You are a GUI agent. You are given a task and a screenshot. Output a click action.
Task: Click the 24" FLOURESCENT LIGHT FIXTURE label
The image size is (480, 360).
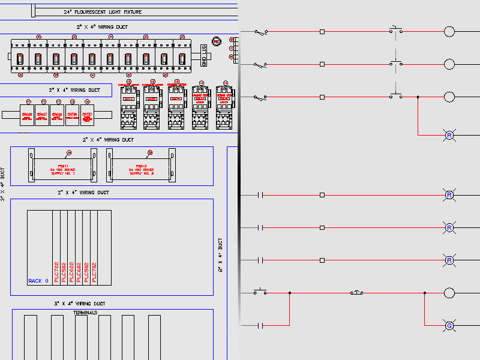103,11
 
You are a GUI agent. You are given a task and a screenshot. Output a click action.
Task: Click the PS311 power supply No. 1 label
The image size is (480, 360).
63,169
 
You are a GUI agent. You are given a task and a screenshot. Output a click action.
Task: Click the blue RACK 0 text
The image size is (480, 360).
39,281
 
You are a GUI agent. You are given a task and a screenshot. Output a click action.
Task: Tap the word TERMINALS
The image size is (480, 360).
85,313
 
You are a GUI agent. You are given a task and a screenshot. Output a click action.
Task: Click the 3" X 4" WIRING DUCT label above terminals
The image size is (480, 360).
80,304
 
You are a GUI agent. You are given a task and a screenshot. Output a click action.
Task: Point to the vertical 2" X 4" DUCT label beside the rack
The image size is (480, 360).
220,254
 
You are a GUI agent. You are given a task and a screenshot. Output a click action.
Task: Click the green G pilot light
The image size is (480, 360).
449,325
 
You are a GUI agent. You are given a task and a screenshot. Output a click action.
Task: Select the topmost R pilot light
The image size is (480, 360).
449,135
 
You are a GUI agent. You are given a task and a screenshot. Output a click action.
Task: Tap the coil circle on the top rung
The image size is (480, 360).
449,31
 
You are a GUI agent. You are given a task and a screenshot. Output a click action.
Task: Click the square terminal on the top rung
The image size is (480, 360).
322,31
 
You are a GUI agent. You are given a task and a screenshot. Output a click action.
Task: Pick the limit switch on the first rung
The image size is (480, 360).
260,31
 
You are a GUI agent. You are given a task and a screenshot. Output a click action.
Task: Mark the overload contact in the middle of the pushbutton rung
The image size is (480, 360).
356,293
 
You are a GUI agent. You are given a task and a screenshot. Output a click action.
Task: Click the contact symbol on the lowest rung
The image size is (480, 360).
260,325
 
